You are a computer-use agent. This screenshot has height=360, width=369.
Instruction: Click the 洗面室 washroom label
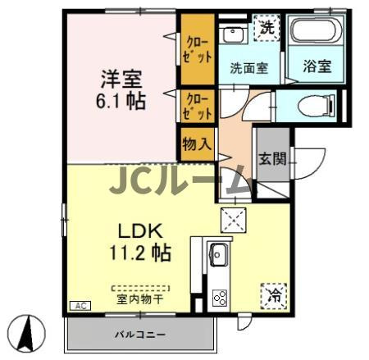248,69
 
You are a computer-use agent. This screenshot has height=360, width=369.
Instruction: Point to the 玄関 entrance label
273,160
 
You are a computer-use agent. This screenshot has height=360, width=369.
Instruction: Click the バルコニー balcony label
139,335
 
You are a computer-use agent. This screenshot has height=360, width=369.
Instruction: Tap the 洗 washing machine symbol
267,29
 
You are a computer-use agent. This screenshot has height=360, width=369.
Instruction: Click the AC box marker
81,304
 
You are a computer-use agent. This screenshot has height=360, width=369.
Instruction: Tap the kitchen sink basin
220,255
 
